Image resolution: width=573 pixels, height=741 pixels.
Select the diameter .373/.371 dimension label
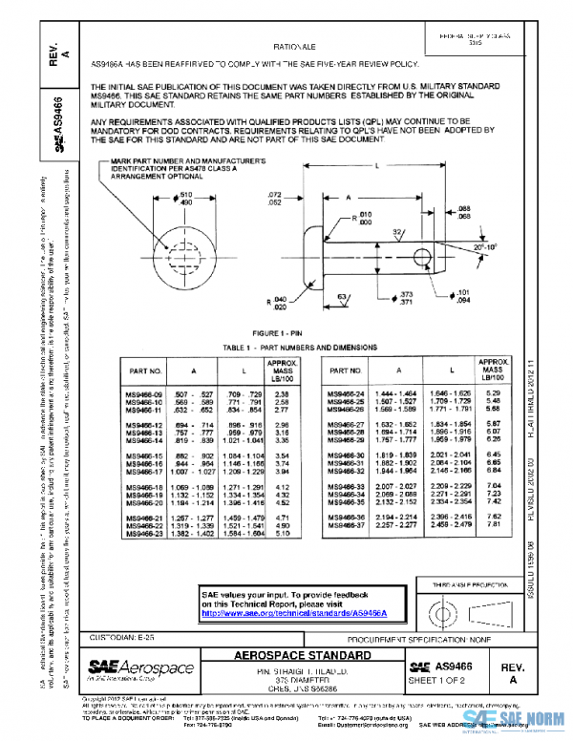[407, 298]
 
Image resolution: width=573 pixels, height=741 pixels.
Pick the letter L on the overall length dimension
[377, 164]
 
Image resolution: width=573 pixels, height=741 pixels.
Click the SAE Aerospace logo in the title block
[140, 668]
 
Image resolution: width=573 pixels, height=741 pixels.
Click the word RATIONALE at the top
[296, 46]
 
